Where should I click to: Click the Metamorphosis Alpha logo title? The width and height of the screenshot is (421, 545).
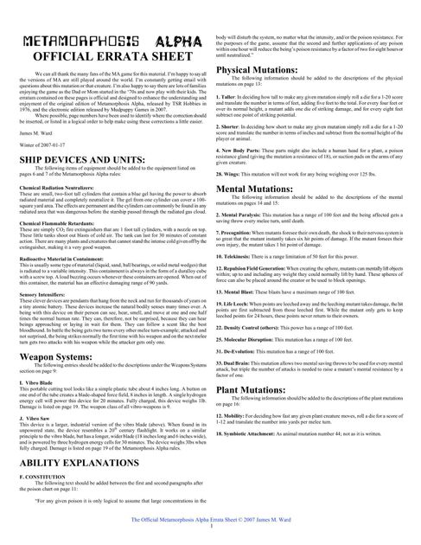tap(105, 42)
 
